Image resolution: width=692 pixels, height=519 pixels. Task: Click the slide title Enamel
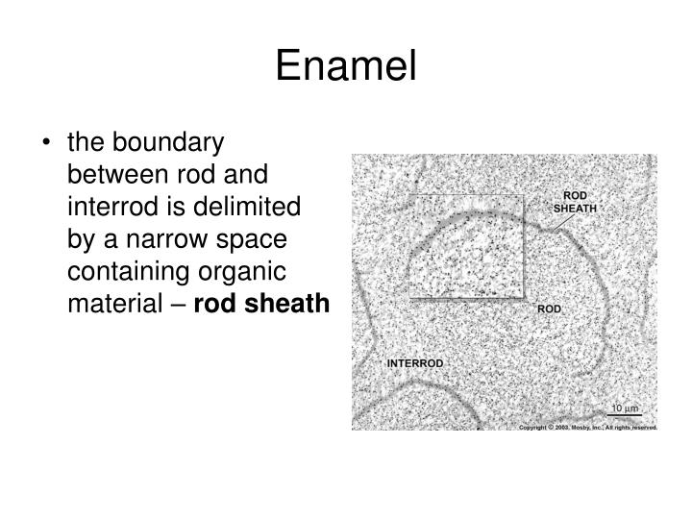point(346,66)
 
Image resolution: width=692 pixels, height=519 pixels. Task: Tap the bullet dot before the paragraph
point(47,143)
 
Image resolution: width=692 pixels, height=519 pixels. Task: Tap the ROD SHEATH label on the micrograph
point(576,202)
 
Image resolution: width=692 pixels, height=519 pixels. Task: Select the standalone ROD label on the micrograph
point(549,309)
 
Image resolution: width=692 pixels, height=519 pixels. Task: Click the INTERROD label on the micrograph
point(415,363)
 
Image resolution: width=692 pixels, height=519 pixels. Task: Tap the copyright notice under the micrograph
point(587,426)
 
